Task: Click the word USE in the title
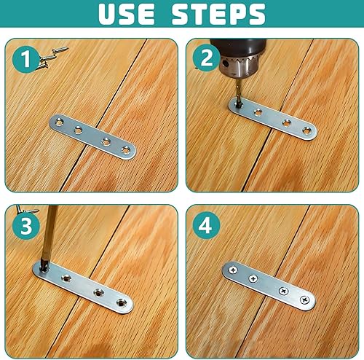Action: pyautogui.click(x=126, y=14)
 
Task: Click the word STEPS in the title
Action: pyautogui.click(x=218, y=14)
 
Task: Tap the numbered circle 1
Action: pyautogui.click(x=25, y=59)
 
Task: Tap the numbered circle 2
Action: pyautogui.click(x=207, y=58)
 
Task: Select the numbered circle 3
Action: pyautogui.click(x=26, y=226)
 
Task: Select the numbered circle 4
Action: pyautogui.click(x=206, y=225)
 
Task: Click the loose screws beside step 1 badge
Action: pyautogui.click(x=52, y=57)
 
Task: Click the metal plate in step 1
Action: pyautogui.click(x=92, y=137)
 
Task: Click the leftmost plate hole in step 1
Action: pyautogui.click(x=59, y=122)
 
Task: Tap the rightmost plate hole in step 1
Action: pyautogui.click(x=126, y=150)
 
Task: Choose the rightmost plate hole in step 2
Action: pyautogui.click(x=306, y=130)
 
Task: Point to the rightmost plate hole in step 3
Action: pyautogui.click(x=121, y=302)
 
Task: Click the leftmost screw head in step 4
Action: pyautogui.click(x=233, y=270)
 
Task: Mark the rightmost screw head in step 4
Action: pyautogui.click(x=305, y=300)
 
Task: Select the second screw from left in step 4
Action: pyautogui.click(x=253, y=278)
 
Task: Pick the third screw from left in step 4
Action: pyautogui.click(x=283, y=291)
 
